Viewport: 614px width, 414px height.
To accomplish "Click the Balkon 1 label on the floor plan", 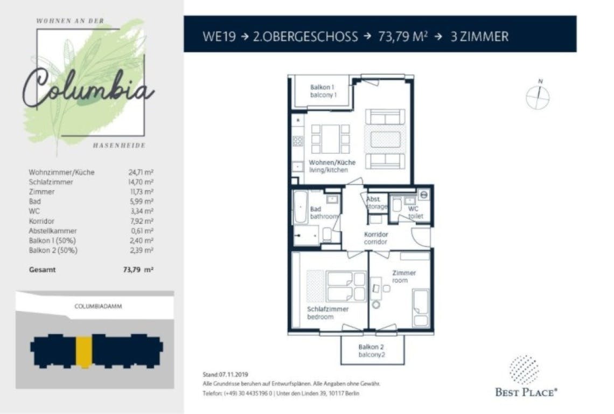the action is coord(323,91).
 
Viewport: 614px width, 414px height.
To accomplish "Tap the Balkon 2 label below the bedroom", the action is coord(371,350).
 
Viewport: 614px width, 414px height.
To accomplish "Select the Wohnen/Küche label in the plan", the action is coord(332,166).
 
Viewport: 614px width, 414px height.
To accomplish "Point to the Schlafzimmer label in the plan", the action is coord(328,313).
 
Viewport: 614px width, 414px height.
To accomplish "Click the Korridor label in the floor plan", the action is coord(376,238).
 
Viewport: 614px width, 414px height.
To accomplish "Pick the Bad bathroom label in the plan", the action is coord(324,212).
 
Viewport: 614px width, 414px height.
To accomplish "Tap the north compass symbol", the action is coord(538,95).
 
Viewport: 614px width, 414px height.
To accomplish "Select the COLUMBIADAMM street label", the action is coord(98,306).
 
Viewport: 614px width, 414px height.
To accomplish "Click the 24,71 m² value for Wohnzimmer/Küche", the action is coord(141,172).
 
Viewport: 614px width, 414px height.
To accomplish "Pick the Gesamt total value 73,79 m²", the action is coord(138,270).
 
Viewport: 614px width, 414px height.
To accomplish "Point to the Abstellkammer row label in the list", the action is coord(53,231).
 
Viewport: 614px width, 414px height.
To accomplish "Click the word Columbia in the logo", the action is coord(88,88).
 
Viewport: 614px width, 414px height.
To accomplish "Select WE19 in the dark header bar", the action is coord(219,37).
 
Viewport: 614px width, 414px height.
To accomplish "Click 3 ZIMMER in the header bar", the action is coord(479,37).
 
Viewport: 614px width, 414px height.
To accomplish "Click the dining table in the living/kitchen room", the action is coord(330,139).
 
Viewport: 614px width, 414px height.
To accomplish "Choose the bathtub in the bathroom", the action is coord(301,208).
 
